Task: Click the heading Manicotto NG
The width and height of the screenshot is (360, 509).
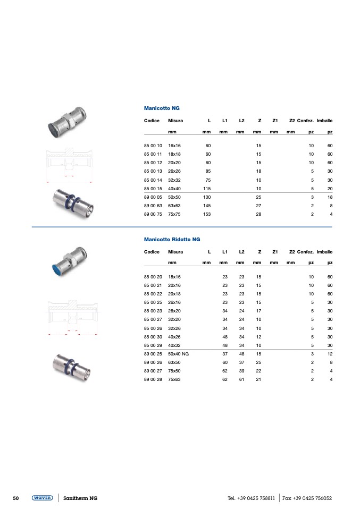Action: [x=162, y=108]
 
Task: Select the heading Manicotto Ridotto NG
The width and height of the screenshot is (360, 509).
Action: [x=172, y=239]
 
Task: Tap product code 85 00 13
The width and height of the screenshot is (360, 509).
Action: [x=153, y=171]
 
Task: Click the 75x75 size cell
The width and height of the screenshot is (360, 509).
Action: [x=174, y=214]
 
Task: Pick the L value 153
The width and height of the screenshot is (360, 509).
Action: [x=207, y=214]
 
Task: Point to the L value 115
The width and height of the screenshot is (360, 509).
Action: [x=207, y=189]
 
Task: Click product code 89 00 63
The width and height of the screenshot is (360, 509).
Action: [x=153, y=206]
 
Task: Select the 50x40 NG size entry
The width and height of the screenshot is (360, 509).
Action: [x=178, y=354]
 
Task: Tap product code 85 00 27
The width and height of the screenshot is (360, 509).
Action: [x=153, y=319]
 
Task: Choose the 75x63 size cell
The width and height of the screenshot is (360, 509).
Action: [x=174, y=379]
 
